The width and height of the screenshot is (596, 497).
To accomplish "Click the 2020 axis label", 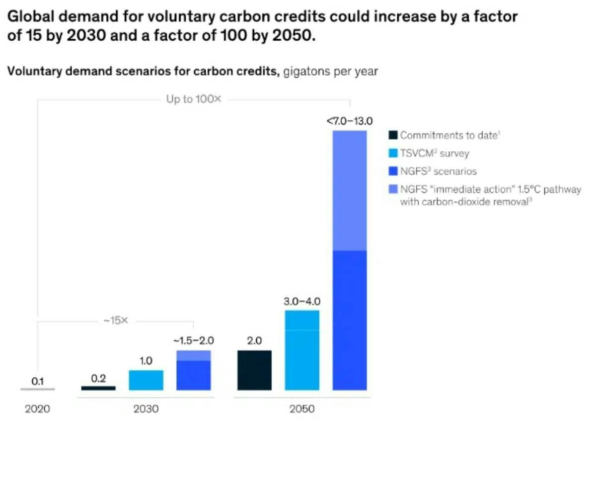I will [37, 410].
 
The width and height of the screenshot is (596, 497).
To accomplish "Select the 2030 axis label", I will [146, 410].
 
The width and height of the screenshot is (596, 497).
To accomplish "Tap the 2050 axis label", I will [302, 410].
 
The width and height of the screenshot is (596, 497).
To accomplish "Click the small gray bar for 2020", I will [38, 389].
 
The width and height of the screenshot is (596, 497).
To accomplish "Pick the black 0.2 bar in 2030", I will [98, 388].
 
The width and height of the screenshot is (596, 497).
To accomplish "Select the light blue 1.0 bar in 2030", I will [146, 380].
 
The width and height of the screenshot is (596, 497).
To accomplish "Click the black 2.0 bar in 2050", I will [254, 370].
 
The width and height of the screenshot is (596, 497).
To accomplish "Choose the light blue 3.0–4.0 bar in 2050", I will [302, 350].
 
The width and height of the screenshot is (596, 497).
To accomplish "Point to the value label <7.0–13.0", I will [350, 120].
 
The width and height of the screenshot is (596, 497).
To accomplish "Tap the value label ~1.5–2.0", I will [194, 341].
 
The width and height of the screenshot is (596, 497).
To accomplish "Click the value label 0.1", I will [38, 381].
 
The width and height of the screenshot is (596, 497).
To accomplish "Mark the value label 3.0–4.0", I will [302, 301].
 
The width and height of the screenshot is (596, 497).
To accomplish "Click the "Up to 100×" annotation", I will [194, 99].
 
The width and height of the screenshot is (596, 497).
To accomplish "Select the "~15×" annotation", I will [116, 321].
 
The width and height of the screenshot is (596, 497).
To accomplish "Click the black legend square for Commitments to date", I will [393, 135].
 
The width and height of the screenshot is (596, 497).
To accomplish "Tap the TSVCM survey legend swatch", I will [393, 153].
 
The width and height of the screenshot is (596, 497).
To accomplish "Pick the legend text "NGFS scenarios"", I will [438, 171].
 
